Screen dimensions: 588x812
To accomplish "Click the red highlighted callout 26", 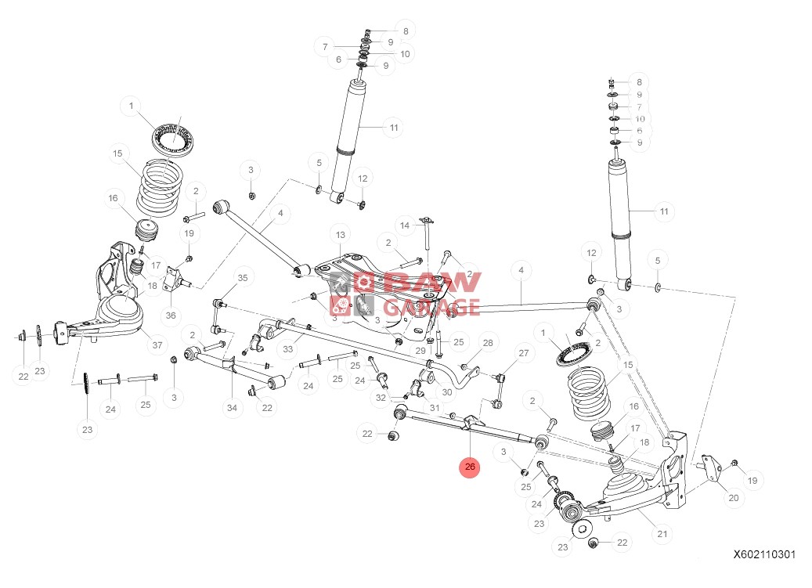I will point(469,467).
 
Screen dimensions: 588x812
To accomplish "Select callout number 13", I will point(340,235).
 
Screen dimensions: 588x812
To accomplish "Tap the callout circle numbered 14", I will point(405,225).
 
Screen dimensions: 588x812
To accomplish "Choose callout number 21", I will point(662,535).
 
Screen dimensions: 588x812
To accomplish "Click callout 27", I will point(524,353).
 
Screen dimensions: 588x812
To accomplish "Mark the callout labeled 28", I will point(488,343).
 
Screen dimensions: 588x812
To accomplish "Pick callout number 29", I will point(420,351).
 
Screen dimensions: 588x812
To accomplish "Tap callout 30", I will point(447,391).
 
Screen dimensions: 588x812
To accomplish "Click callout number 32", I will point(381,398).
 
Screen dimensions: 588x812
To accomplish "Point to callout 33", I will point(288,349).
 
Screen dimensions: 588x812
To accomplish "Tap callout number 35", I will point(243,278).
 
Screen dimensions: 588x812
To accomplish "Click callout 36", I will point(171,316).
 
